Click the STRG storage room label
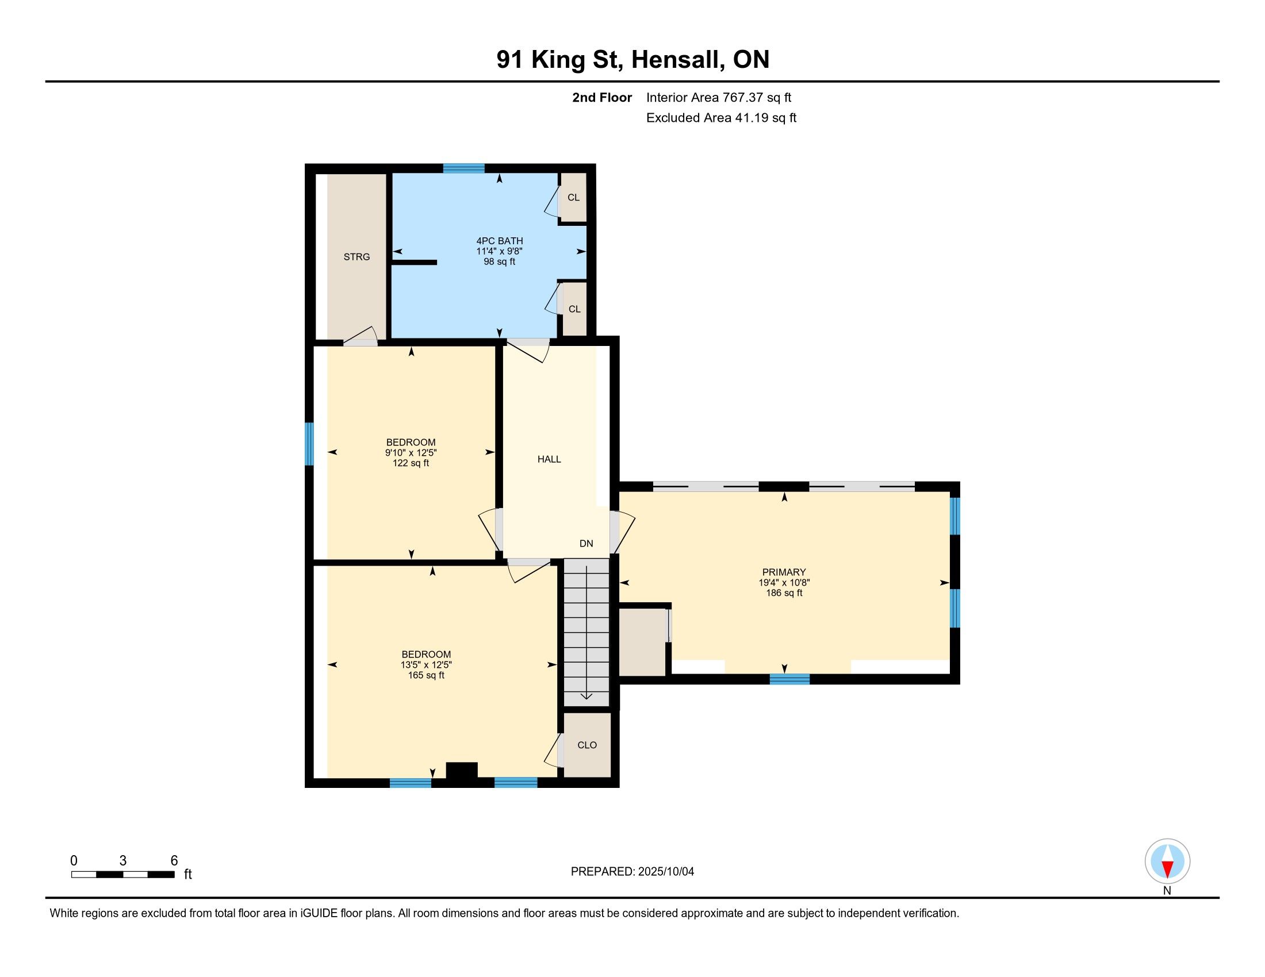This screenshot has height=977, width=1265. pyautogui.click(x=356, y=257)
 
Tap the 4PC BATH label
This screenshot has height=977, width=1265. pyautogui.click(x=499, y=241)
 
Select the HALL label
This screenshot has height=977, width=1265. pyautogui.click(x=549, y=460)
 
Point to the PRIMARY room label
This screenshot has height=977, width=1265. pyautogui.click(x=784, y=572)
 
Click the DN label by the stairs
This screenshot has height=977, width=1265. pyautogui.click(x=586, y=544)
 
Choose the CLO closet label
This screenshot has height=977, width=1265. pyautogui.click(x=586, y=745)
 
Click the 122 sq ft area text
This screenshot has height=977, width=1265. pyautogui.click(x=411, y=463)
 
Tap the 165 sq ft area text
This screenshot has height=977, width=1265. pyautogui.click(x=425, y=675)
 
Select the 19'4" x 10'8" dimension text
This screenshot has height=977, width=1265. pyautogui.click(x=784, y=583)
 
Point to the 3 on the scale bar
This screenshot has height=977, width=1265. pyautogui.click(x=123, y=861)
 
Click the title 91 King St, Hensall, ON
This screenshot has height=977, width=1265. pyautogui.click(x=632, y=60)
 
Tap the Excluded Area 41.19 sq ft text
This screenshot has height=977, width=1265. pyautogui.click(x=721, y=118)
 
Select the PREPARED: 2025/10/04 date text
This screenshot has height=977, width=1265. pyautogui.click(x=632, y=872)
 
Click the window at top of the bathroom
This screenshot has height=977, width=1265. pyautogui.click(x=464, y=168)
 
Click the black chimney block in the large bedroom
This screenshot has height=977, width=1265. pyautogui.click(x=462, y=771)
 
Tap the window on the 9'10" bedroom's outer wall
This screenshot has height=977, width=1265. pyautogui.click(x=309, y=444)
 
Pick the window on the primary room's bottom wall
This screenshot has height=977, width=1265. pyautogui.click(x=789, y=679)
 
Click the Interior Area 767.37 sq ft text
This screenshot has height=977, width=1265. pyautogui.click(x=719, y=98)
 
